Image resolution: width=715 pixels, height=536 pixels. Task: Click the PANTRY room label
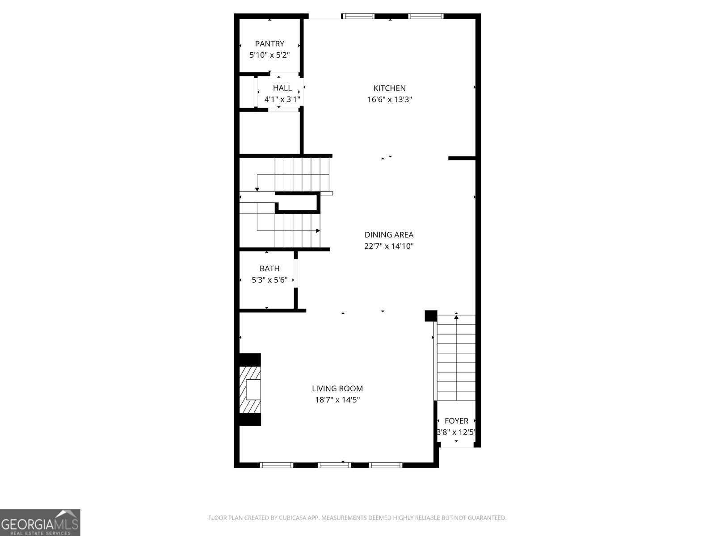(x=269, y=44)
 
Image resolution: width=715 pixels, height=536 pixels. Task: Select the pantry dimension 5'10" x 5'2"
(x=269, y=55)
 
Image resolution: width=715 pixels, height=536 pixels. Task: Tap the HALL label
(x=282, y=88)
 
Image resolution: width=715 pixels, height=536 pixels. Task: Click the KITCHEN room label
(x=390, y=88)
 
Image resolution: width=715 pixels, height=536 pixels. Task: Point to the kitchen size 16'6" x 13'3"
(x=390, y=100)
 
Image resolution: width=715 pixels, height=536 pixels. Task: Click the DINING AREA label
(x=389, y=234)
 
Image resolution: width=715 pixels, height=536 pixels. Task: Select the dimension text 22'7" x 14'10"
(x=389, y=246)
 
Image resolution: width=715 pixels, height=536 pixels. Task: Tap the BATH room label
(x=269, y=268)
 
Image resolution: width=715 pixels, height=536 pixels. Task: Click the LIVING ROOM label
(x=337, y=389)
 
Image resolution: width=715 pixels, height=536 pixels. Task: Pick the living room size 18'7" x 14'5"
(x=337, y=400)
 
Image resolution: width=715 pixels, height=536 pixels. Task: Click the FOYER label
(x=456, y=421)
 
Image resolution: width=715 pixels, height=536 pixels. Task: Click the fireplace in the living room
(x=250, y=389)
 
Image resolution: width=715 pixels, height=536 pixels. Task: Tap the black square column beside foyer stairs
(x=430, y=315)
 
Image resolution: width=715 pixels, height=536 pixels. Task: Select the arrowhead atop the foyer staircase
(x=456, y=317)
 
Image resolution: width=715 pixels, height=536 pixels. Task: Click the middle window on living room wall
(x=334, y=465)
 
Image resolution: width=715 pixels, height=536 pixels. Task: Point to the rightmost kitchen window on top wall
(x=425, y=17)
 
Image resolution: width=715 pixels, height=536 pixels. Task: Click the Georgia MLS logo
(x=40, y=522)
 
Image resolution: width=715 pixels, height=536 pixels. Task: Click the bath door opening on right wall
(x=296, y=273)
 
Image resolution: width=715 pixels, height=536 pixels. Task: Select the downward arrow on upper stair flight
(x=257, y=189)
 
